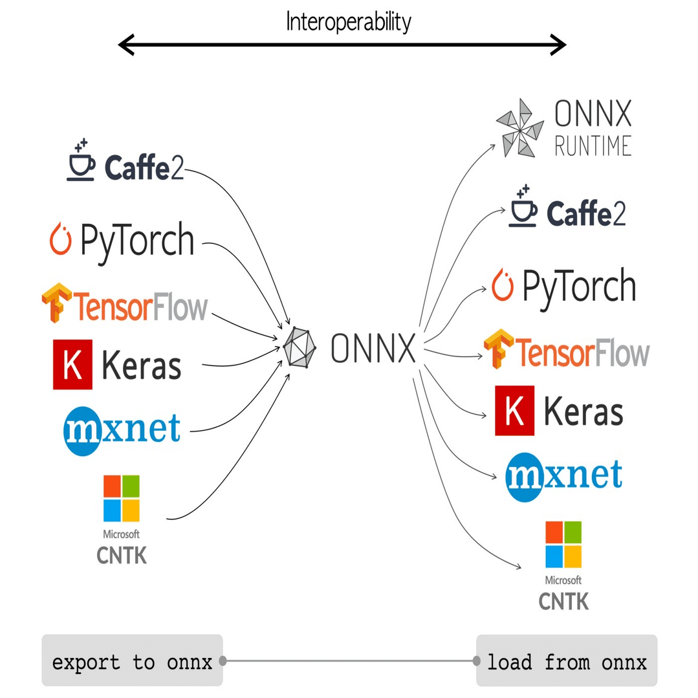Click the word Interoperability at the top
point(348,22)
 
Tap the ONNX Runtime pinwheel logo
point(520,128)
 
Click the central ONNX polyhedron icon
point(300,347)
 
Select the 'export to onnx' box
point(132,660)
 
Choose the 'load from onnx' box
point(567,660)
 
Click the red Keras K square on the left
point(72,365)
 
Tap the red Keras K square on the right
point(514,410)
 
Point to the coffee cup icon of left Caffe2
point(81,160)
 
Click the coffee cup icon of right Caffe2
point(523,206)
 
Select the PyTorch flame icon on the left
point(61,239)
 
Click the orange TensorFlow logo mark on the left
point(56,303)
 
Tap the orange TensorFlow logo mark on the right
point(499,349)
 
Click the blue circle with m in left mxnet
point(83,431)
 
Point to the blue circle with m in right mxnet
point(525,477)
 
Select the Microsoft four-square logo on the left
point(122,498)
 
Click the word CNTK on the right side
point(563,602)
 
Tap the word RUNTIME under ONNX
point(593,146)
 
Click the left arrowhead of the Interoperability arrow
point(126,45)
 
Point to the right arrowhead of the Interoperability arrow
point(558,45)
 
